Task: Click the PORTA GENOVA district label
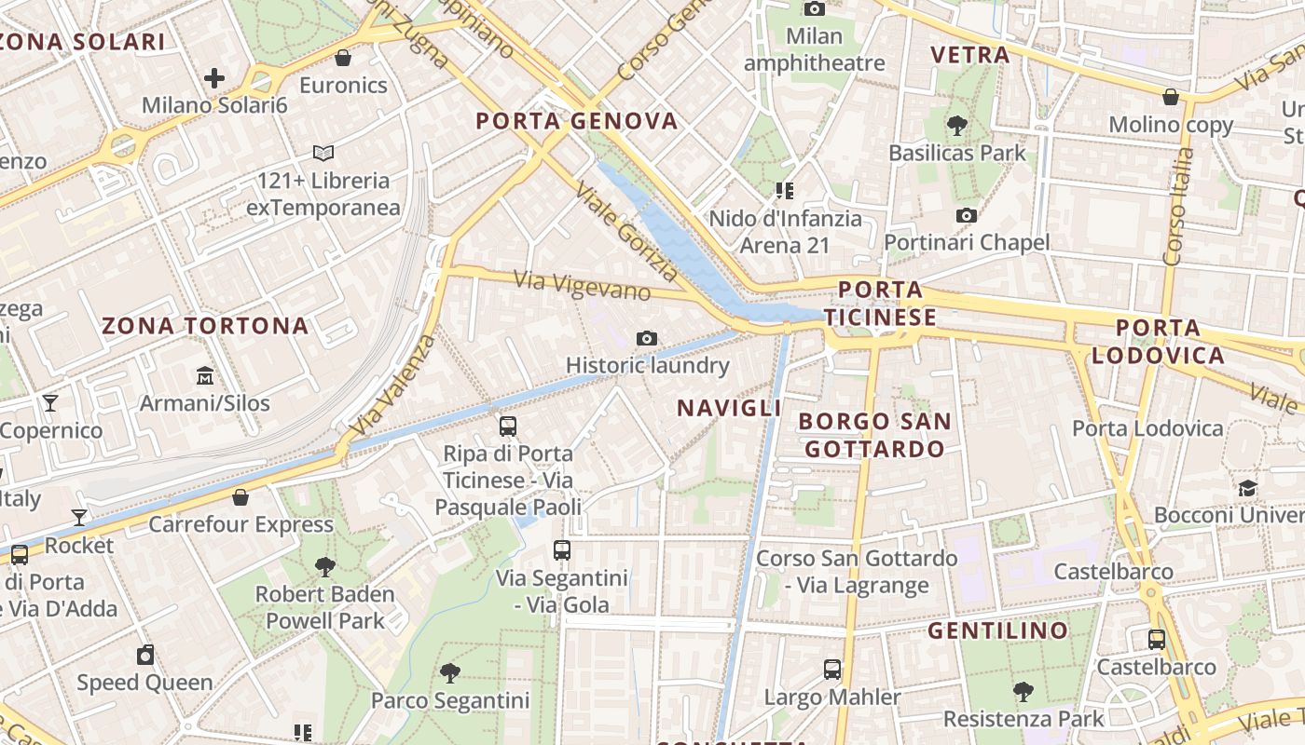tap(577, 121)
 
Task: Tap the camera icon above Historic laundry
tap(647, 338)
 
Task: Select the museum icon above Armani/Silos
tap(205, 376)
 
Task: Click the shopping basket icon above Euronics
tap(343, 58)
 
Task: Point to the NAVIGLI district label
tap(729, 408)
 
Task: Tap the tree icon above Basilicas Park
tap(956, 125)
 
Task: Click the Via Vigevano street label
tap(582, 285)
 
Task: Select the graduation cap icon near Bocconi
tap(1247, 488)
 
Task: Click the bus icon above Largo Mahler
tap(832, 670)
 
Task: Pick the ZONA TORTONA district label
tap(205, 326)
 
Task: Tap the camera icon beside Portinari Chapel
tap(967, 216)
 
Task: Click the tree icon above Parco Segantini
tap(450, 672)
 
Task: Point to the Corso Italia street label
tap(1178, 207)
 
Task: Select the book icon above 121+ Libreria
tap(323, 153)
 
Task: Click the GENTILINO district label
tap(998, 631)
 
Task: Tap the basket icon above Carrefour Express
tap(240, 497)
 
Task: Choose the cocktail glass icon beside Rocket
tap(79, 518)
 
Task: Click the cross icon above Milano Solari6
tap(214, 78)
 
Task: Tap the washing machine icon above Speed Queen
tap(144, 655)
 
